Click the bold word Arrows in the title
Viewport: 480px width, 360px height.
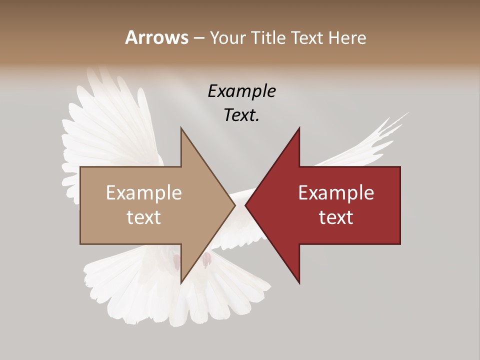[156, 37]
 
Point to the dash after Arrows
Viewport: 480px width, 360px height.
[198, 38]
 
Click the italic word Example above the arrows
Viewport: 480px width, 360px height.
[241, 91]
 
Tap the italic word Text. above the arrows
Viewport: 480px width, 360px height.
[241, 115]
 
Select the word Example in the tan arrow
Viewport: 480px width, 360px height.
[144, 192]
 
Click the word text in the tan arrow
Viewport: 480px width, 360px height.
[144, 217]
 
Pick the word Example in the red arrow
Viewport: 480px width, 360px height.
[336, 192]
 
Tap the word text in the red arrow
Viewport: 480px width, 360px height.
[336, 217]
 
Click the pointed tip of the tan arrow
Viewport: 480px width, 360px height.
[234, 205]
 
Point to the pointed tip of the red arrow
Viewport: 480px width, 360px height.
[246, 205]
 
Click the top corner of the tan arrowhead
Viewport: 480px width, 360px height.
[181, 128]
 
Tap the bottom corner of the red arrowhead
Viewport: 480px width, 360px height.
[299, 283]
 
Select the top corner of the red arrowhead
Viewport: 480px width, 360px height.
[299, 128]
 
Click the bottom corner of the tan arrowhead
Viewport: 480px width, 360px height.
[181, 283]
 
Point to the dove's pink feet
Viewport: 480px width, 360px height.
[206, 259]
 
